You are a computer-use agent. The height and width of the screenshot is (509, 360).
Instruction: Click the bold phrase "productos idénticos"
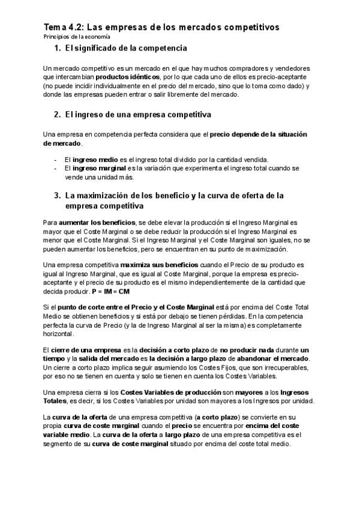pos(127,77)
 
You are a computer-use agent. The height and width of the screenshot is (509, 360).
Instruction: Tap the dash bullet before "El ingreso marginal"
pos(55,169)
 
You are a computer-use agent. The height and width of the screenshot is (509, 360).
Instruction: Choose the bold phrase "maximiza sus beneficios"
pos(151,265)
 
